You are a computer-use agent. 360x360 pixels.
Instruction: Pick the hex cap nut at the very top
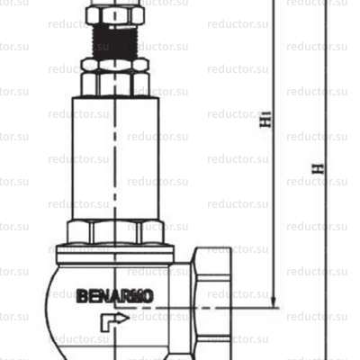point(114,14)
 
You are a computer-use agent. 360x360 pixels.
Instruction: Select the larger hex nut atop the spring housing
point(114,83)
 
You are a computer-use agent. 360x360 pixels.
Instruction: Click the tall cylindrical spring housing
point(114,157)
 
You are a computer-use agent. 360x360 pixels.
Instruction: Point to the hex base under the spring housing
point(114,232)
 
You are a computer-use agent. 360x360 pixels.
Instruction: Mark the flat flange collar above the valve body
point(114,253)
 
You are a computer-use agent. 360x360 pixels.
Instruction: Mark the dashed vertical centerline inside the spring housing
point(114,180)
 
